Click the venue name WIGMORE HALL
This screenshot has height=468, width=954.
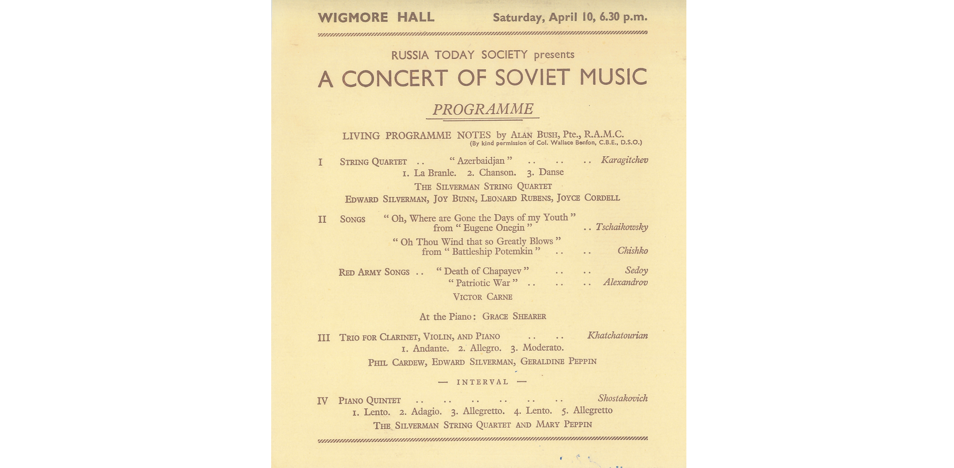(x=376, y=17)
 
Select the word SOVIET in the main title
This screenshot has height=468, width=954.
(x=533, y=78)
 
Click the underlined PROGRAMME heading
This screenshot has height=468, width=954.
(x=483, y=109)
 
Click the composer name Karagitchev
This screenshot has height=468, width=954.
(x=624, y=160)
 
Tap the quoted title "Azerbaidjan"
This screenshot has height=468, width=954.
(x=481, y=161)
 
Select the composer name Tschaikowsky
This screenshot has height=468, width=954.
(x=621, y=227)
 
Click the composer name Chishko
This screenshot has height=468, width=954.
(x=632, y=251)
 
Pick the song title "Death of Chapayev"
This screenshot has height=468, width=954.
(x=482, y=271)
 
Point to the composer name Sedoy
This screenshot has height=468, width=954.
(x=636, y=270)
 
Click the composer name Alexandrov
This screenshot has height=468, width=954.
(x=625, y=282)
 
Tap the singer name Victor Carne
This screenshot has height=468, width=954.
(x=482, y=297)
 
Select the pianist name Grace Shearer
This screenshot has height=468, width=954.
(x=514, y=316)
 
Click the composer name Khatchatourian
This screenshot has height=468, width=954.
(x=617, y=335)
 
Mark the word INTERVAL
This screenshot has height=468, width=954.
(x=482, y=382)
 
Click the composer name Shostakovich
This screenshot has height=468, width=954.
(x=622, y=398)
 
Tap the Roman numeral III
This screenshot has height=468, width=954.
(x=324, y=338)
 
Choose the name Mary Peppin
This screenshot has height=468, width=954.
(x=564, y=424)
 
